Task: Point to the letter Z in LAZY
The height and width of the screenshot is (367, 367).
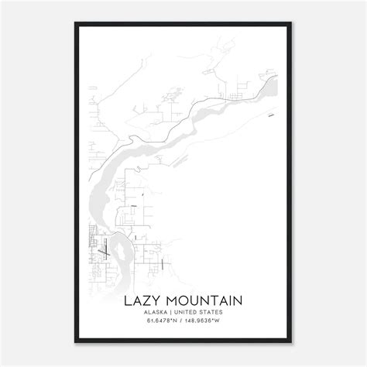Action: [146, 299]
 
